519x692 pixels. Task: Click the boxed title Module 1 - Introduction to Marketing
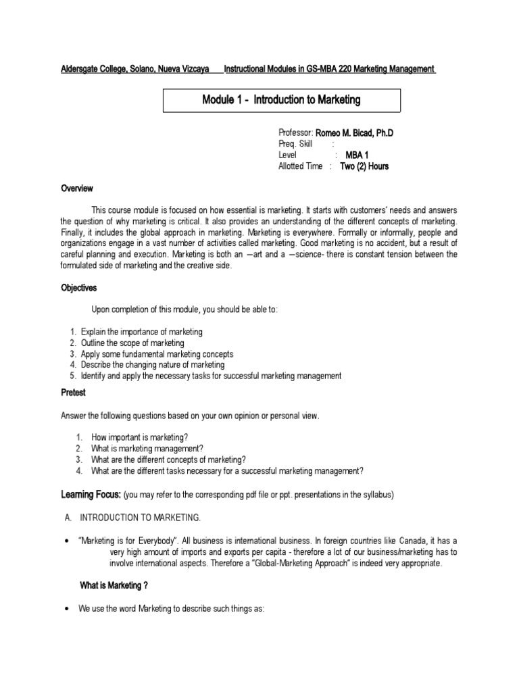[282, 100]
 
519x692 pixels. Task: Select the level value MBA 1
[357, 155]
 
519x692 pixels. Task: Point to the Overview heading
[76, 189]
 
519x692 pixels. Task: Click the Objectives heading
[78, 288]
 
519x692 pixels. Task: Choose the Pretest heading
[73, 393]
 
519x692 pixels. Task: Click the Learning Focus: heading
[91, 495]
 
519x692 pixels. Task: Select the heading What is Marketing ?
[110, 585]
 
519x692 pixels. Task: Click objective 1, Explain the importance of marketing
[141, 332]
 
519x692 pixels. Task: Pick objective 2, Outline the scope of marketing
[132, 343]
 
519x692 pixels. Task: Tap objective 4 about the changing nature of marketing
[152, 364]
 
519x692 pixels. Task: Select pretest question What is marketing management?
[147, 448]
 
